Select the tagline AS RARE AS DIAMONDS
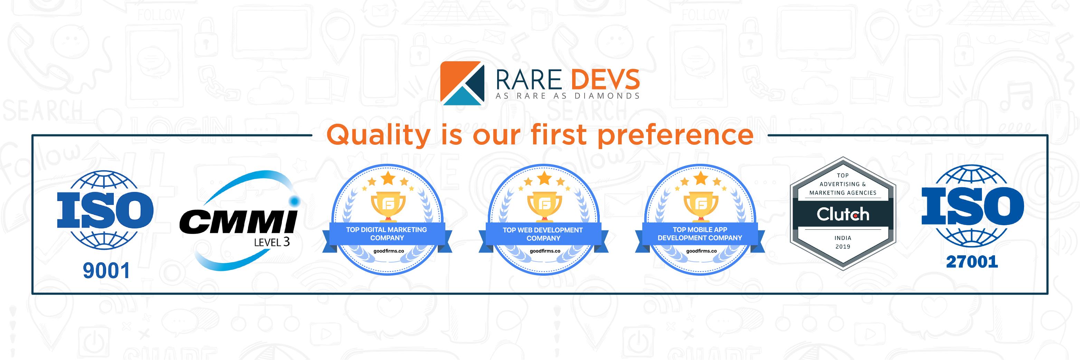coord(567,96)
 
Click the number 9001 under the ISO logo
coord(106,272)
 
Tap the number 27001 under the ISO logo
coord(972,262)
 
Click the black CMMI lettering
coord(238,221)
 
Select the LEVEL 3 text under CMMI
coord(272,242)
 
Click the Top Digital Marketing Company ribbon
coord(386,234)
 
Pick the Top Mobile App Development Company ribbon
coord(700,234)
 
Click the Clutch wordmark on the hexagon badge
coord(843,215)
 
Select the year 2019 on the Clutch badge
coord(843,246)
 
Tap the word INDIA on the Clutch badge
coord(843,238)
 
